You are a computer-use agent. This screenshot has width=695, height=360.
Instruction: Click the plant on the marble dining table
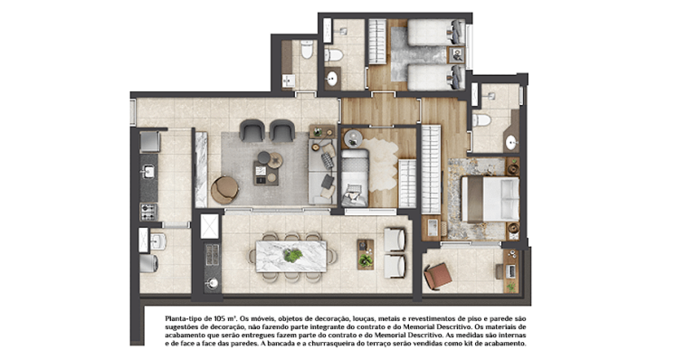[292, 256]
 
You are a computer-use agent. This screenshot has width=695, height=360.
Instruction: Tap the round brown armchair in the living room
[224, 188]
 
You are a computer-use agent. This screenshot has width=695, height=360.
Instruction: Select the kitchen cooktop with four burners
[148, 212]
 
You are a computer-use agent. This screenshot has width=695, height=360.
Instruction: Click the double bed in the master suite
[490, 199]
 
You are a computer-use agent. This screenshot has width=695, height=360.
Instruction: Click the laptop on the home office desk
[509, 270]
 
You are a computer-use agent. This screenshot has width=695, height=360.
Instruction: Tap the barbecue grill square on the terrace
[209, 225]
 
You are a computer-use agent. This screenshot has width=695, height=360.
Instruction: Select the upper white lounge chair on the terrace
[395, 239]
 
